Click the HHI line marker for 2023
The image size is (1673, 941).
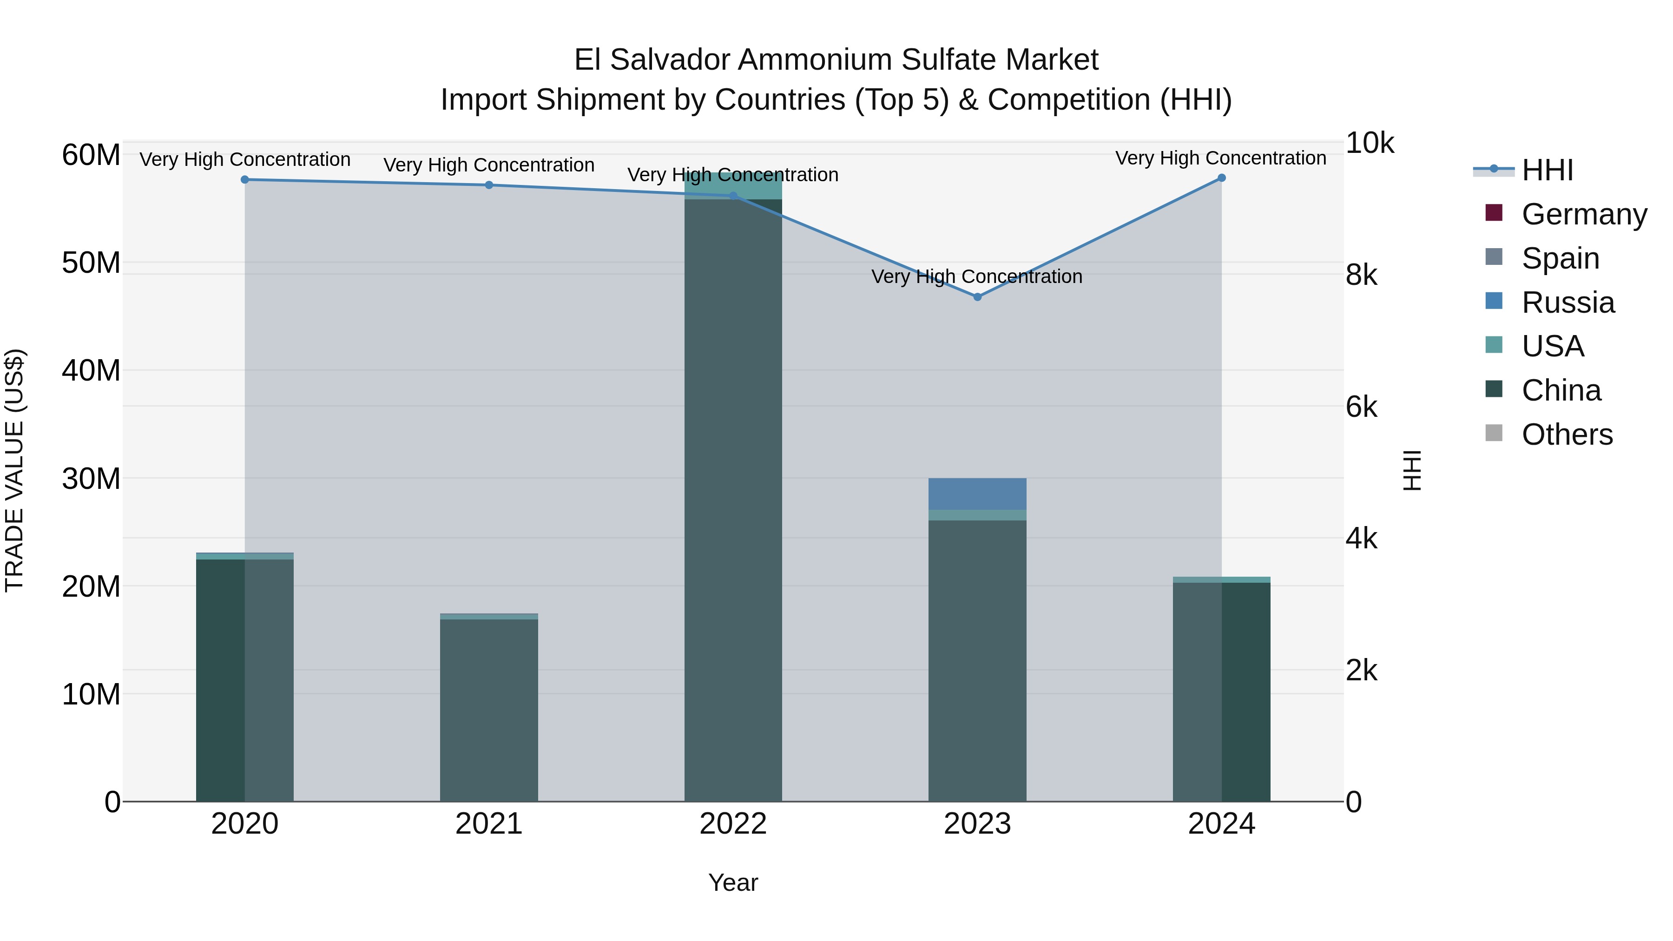[x=977, y=297]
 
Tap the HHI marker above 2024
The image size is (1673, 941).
[x=1221, y=178]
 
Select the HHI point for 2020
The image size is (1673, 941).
[x=245, y=180]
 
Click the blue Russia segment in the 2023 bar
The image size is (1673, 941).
[x=977, y=494]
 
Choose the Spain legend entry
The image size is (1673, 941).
[x=1559, y=258]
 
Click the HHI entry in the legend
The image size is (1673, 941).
[x=1546, y=170]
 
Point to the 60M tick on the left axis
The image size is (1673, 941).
[x=91, y=155]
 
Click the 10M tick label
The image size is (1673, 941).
[x=91, y=694]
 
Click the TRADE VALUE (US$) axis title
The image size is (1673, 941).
[x=14, y=470]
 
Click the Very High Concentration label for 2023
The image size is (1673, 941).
[x=977, y=276]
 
